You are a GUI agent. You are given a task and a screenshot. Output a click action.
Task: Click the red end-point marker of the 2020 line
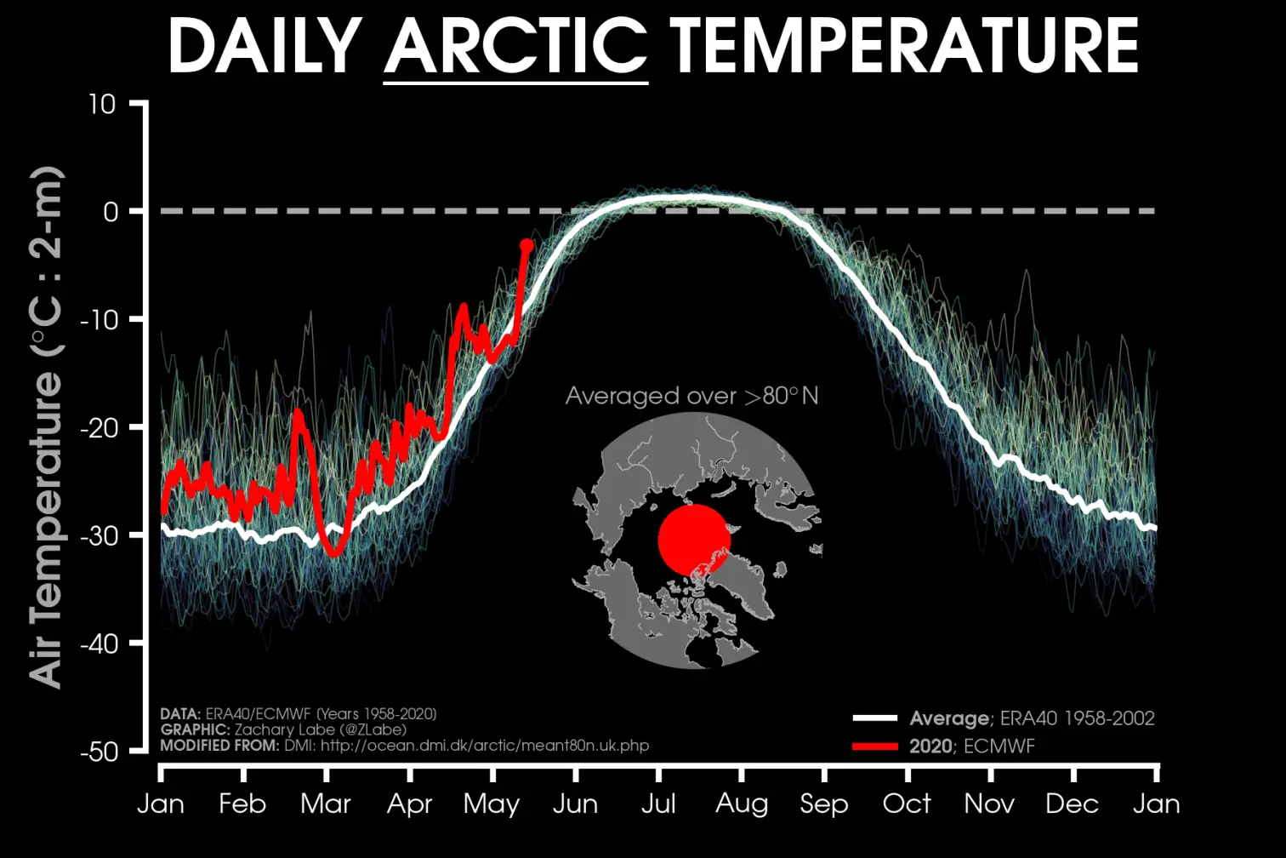click(526, 246)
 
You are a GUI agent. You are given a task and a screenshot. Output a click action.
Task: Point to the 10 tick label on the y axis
click(101, 104)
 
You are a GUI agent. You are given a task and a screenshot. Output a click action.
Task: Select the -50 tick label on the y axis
click(99, 752)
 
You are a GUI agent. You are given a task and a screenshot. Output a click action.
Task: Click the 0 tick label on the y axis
click(111, 212)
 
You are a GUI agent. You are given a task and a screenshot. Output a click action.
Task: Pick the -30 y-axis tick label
click(99, 535)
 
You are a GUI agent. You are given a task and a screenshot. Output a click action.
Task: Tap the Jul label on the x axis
click(657, 804)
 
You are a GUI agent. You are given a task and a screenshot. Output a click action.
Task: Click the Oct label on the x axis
click(907, 804)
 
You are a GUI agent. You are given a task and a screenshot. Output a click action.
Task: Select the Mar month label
click(326, 804)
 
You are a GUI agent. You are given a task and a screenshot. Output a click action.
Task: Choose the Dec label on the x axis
click(1073, 804)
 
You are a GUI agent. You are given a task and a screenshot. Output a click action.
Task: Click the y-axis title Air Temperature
click(48, 426)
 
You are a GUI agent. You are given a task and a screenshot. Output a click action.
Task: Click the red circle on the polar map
click(694, 540)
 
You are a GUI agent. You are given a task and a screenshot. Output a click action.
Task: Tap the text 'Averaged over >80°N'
click(691, 396)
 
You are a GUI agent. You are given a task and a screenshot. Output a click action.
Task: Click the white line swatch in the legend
click(875, 718)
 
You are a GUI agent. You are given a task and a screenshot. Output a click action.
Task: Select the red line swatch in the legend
click(875, 746)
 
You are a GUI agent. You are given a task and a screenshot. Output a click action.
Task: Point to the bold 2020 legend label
click(930, 746)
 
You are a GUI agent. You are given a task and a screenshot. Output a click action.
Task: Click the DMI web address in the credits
click(484, 746)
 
